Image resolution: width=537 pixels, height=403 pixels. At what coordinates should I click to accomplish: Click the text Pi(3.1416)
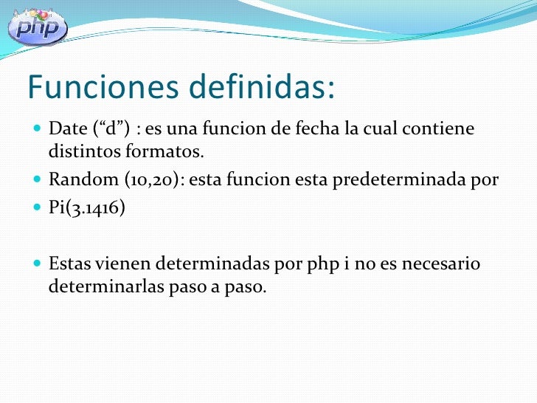coord(87,207)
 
